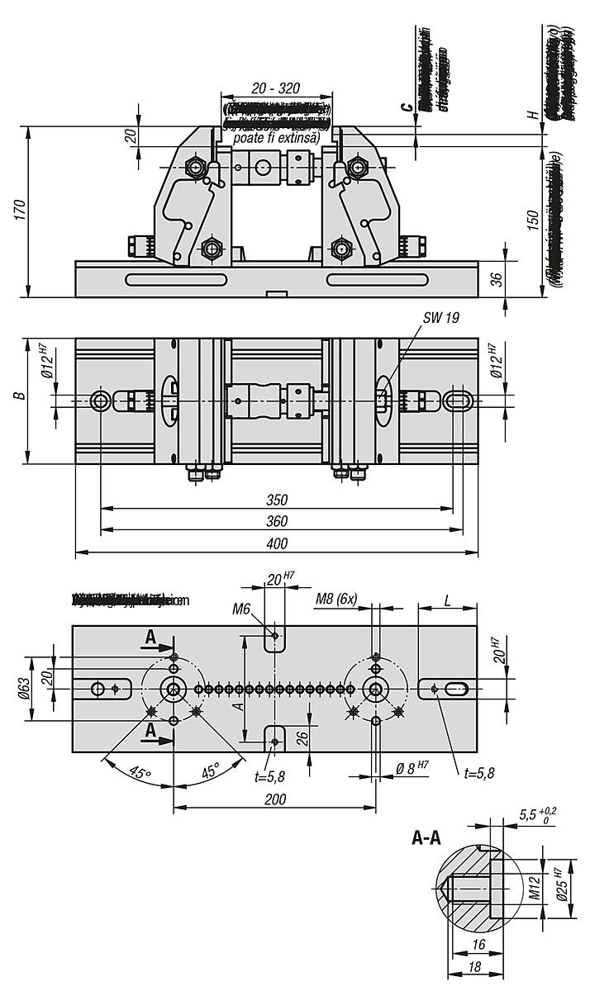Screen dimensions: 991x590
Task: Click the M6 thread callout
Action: (242, 609)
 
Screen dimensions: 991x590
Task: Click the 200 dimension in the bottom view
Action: (274, 799)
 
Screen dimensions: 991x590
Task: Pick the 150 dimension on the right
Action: (534, 219)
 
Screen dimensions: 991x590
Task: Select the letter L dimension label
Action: (447, 600)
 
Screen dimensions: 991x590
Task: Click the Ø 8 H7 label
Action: (412, 767)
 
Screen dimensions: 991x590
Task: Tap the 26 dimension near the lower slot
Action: (302, 736)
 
